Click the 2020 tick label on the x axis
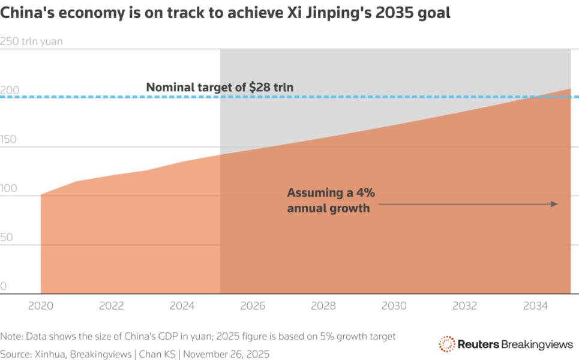[41, 306]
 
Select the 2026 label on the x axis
[253, 306]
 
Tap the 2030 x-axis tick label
[394, 306]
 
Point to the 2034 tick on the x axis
[535, 306]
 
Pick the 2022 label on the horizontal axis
[112, 306]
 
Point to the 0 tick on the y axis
[4, 287]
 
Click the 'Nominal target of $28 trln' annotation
[220, 88]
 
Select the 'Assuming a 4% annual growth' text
[331, 200]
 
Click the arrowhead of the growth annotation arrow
[555, 204]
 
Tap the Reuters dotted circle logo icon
[447, 344]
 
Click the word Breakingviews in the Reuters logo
[536, 344]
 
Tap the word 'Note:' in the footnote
[13, 336]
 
